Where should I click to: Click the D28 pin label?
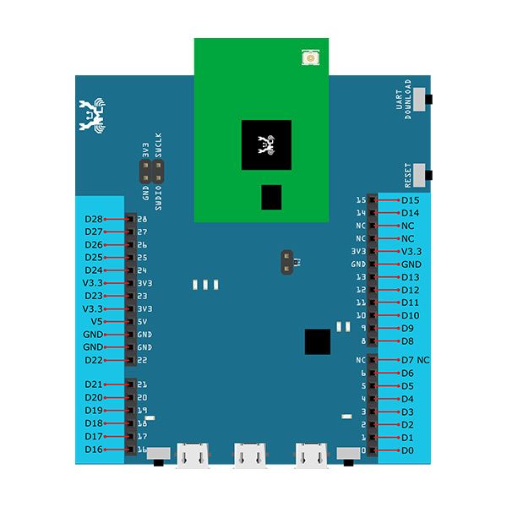click(x=93, y=219)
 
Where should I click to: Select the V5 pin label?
click(x=96, y=321)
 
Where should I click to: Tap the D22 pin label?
click(x=93, y=360)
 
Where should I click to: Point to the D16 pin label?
click(x=93, y=449)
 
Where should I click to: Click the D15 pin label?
click(x=410, y=200)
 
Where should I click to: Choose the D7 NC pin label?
click(x=415, y=360)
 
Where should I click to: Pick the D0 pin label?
click(x=407, y=450)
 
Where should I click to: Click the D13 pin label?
click(x=410, y=277)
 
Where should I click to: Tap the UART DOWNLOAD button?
click(x=429, y=100)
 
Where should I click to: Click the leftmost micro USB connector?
click(x=193, y=455)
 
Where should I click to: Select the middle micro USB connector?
click(x=251, y=455)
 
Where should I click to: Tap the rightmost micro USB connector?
click(x=310, y=455)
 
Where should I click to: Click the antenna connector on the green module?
click(x=310, y=58)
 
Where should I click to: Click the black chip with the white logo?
click(x=266, y=144)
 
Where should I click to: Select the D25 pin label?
click(x=93, y=257)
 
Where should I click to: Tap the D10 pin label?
click(x=410, y=315)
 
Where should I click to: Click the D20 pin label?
click(x=93, y=397)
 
